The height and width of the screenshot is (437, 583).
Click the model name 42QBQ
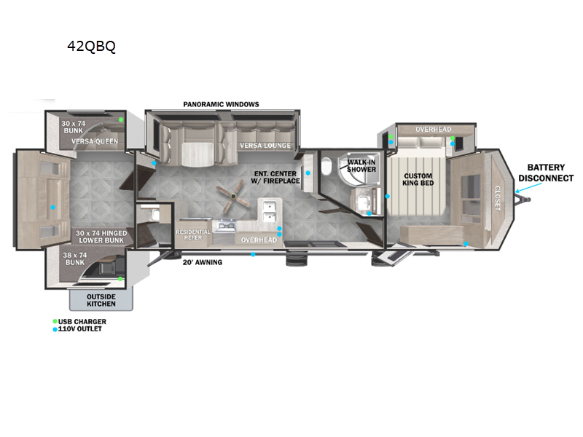91,47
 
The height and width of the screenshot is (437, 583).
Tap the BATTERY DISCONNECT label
545,173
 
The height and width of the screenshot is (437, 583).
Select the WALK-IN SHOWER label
361,165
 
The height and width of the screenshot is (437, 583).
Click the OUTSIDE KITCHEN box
101,299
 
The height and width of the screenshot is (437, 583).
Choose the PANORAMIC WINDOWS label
221,104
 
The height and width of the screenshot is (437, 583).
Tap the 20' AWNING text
203,262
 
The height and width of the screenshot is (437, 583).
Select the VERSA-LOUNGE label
265,146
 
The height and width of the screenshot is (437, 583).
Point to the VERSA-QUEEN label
95,142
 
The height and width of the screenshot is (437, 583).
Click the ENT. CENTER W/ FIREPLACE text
276,177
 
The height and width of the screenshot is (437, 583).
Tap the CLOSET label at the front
497,197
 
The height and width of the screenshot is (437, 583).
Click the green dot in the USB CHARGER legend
55,321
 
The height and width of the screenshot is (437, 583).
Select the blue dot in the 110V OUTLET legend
55,329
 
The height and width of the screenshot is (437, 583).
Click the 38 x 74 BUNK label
75,259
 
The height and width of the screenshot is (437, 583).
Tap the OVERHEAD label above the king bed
434,130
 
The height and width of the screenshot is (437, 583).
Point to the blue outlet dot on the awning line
253,254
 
